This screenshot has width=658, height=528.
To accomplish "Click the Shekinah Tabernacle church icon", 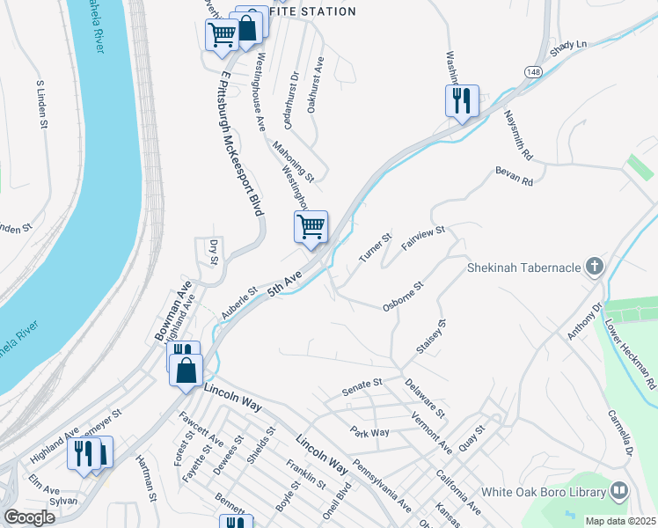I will click(596, 266).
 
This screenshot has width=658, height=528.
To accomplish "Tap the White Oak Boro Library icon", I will click(619, 492).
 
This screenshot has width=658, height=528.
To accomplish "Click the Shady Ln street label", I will click(568, 45).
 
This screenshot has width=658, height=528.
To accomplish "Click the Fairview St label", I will click(424, 238).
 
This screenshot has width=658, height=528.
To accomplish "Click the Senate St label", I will click(361, 384).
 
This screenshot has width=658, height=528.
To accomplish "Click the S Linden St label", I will click(41, 105).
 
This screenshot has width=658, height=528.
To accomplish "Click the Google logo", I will click(29, 517).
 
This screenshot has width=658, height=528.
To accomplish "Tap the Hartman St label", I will click(145, 478).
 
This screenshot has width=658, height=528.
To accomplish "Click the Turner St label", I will click(375, 248).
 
